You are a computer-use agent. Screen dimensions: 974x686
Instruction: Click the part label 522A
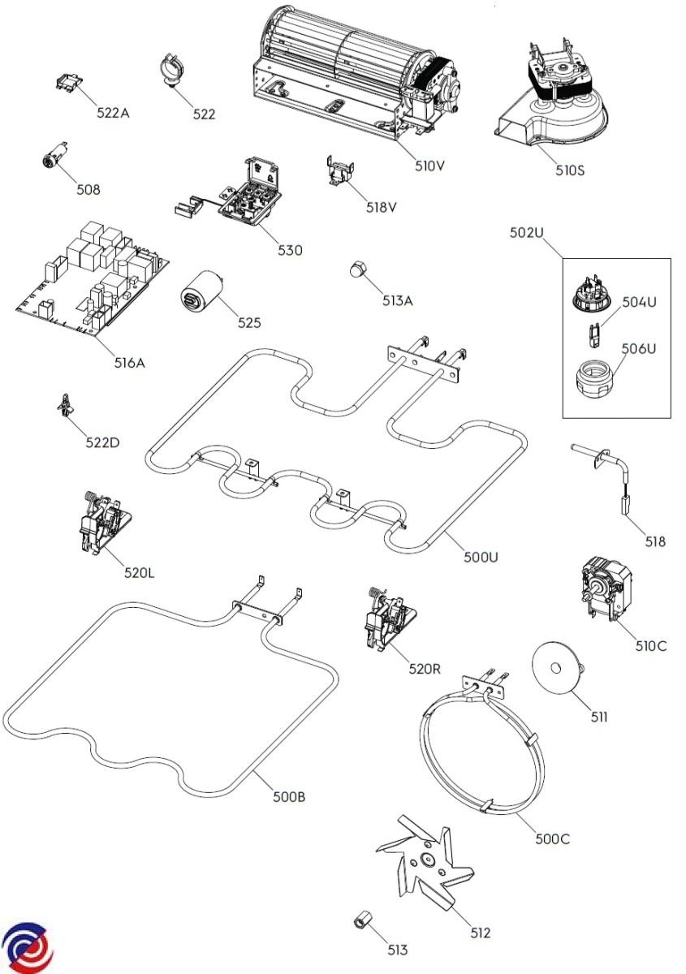113,114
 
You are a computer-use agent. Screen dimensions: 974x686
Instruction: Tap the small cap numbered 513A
358,270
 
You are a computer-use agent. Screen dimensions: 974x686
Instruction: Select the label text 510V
430,166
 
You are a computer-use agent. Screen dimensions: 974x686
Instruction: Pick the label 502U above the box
526,233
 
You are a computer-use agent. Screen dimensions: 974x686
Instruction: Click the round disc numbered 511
557,668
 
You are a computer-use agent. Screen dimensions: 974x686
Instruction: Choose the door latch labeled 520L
101,523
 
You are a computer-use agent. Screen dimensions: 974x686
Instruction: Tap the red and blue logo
26,948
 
